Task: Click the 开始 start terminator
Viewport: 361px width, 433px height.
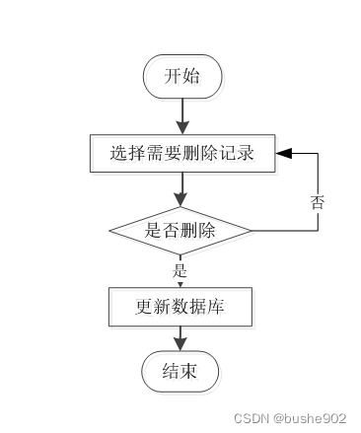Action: pos(182,76)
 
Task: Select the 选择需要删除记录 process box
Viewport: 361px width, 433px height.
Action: pos(182,153)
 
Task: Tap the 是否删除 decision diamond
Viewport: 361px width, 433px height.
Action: pos(180,231)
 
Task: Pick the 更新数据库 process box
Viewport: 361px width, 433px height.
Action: pos(181,308)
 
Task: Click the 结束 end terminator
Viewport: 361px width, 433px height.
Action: pos(180,371)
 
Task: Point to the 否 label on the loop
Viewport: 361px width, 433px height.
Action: pos(318,202)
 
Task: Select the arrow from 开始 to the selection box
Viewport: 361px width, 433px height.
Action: pos(182,115)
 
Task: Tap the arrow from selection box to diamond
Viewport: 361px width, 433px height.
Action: pos(182,190)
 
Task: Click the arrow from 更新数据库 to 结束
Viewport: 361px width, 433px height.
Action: pos(181,338)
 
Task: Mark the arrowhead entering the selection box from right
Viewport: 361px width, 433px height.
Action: pos(284,153)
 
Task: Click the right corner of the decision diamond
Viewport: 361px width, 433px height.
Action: pos(252,231)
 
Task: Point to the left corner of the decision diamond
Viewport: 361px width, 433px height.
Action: pos(110,231)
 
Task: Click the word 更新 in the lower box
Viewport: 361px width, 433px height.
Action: pos(151,308)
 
